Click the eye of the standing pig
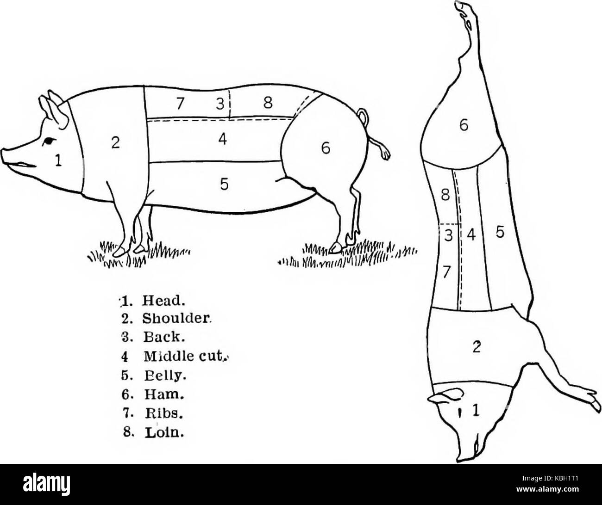coord(49,142)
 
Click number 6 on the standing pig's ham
coord(326,149)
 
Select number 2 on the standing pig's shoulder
coord(115,143)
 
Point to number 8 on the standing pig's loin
coord(268,103)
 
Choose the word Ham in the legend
coord(163,394)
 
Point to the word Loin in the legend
coord(164,433)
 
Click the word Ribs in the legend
coord(164,414)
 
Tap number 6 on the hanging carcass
coord(464,125)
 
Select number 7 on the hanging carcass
coord(446,272)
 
